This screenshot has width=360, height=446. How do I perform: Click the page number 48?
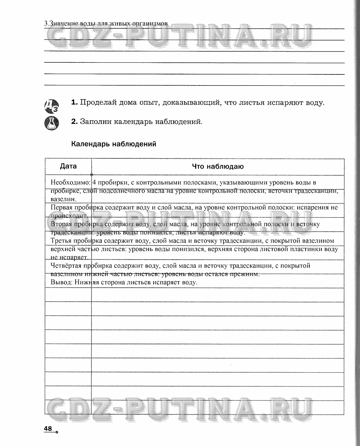click(x=48, y=428)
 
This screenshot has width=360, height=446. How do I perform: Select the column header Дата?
click(x=68, y=166)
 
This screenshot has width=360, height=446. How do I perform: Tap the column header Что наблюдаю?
click(x=217, y=166)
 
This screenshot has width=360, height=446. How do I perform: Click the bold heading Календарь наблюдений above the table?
click(x=113, y=144)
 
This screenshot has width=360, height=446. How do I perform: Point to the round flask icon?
click(x=52, y=123)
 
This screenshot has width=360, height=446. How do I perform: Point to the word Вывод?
click(x=60, y=282)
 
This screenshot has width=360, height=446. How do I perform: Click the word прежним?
click(x=246, y=274)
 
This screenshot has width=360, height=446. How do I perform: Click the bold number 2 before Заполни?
click(x=74, y=122)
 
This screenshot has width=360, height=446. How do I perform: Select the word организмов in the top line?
click(x=150, y=24)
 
